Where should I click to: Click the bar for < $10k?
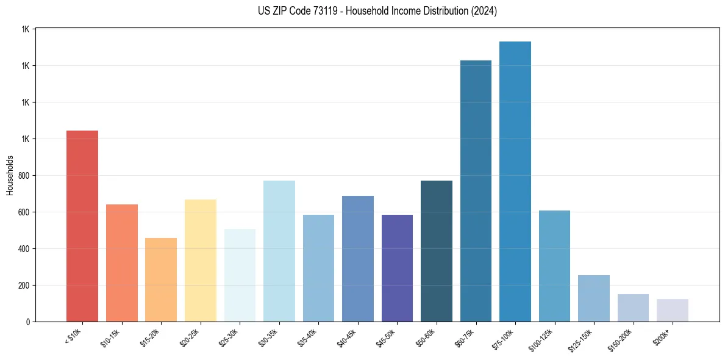tap(82, 226)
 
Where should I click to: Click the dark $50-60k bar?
tap(437, 251)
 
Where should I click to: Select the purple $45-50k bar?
tap(397, 268)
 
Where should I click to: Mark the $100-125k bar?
tap(554, 266)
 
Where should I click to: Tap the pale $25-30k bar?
tap(240, 275)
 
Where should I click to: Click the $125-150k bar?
tap(594, 298)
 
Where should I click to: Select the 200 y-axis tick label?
tap(25, 286)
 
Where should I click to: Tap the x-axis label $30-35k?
tap(268, 339)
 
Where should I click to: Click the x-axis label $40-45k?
tap(346, 339)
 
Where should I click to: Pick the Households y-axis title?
tap(10, 175)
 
